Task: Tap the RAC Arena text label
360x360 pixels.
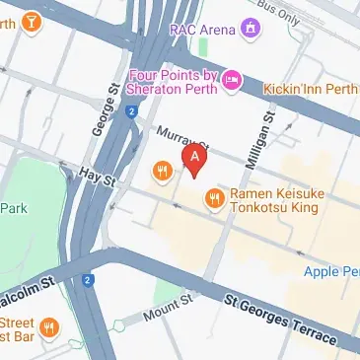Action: [202, 30]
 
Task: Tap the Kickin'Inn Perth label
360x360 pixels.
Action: [311, 89]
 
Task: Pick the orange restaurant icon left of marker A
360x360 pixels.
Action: [164, 173]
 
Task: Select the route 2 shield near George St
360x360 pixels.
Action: [130, 111]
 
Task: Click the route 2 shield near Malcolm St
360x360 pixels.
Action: [87, 280]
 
